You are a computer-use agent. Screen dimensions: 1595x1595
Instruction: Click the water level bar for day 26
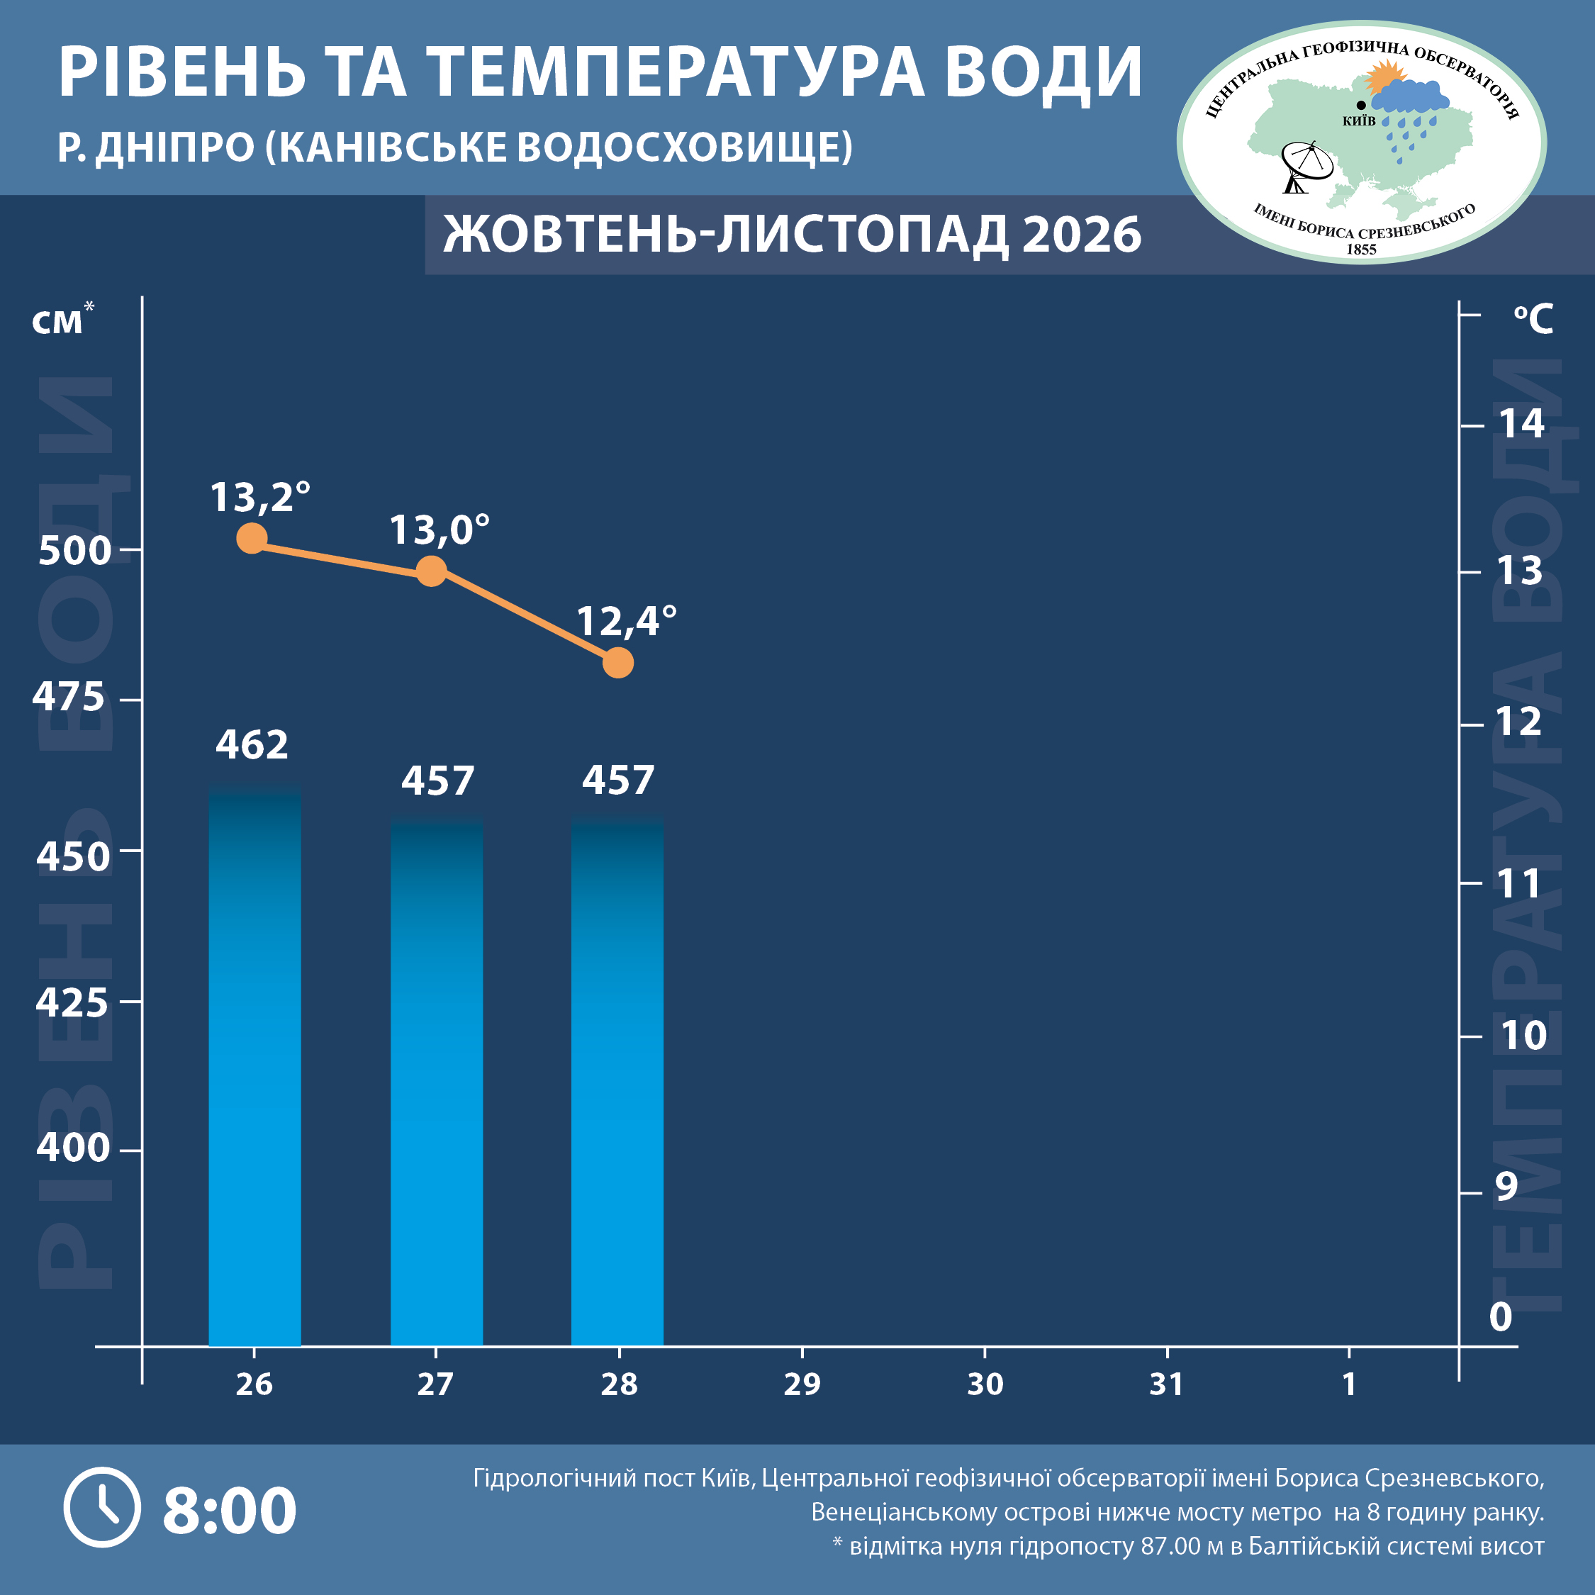[254, 1065]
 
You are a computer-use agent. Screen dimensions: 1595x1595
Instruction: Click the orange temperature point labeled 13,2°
[252, 538]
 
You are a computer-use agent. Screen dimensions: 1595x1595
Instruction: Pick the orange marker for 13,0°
[431, 571]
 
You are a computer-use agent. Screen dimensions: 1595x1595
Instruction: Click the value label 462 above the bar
[252, 744]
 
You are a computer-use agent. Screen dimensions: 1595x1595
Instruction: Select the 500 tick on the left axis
[75, 551]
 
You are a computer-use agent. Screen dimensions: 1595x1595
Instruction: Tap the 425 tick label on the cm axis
[72, 1002]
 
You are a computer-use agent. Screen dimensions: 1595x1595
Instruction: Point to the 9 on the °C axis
[1506, 1185]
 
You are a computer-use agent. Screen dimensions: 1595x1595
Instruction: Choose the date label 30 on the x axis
[985, 1384]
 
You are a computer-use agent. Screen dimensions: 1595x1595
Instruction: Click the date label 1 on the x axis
[1349, 1384]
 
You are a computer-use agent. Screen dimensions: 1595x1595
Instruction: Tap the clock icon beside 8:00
[102, 1506]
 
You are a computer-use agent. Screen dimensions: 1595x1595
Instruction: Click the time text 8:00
[230, 1510]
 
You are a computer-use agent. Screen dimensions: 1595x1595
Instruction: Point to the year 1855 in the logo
[1361, 250]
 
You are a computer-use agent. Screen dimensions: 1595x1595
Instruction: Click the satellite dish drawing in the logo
[1305, 166]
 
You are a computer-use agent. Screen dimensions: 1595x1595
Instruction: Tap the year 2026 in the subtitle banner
[1082, 235]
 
